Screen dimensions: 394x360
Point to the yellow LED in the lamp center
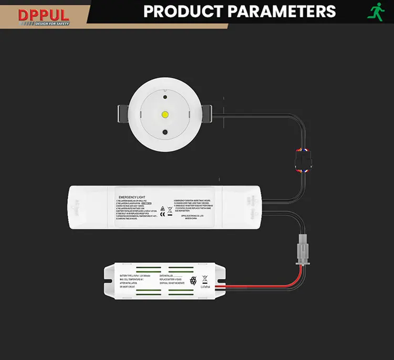pyautogui.click(x=165, y=113)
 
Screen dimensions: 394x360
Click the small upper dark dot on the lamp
pyautogui.click(x=165, y=97)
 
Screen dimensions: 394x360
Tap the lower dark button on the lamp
pyautogui.click(x=165, y=133)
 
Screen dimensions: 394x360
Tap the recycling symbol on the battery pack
pyautogui.click(x=192, y=281)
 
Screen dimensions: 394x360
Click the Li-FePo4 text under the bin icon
pyautogui.click(x=206, y=287)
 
